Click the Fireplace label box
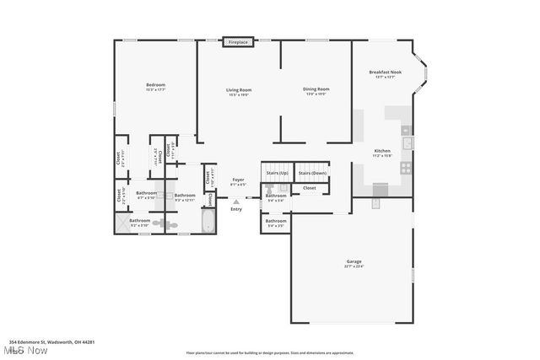pos(238,41)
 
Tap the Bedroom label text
pos(155,85)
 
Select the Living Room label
pos(239,90)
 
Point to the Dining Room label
pos(316,89)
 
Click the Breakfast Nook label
pos(385,73)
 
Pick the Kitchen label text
pos(382,153)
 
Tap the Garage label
pos(354,262)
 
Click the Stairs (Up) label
pos(277,173)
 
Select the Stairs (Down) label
pos(312,173)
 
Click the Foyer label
pos(239,180)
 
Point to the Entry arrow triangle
pos(236,201)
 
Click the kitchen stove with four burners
pos(406,168)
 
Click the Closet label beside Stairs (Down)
pos(310,188)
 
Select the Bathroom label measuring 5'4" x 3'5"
pos(276,223)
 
